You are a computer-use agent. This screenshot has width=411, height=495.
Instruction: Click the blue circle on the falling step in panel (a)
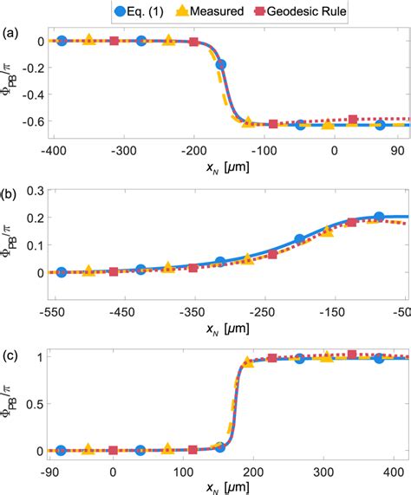pyautogui.click(x=221, y=65)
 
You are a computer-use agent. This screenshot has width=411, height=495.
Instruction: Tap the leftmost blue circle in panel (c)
pyautogui.click(x=60, y=451)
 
